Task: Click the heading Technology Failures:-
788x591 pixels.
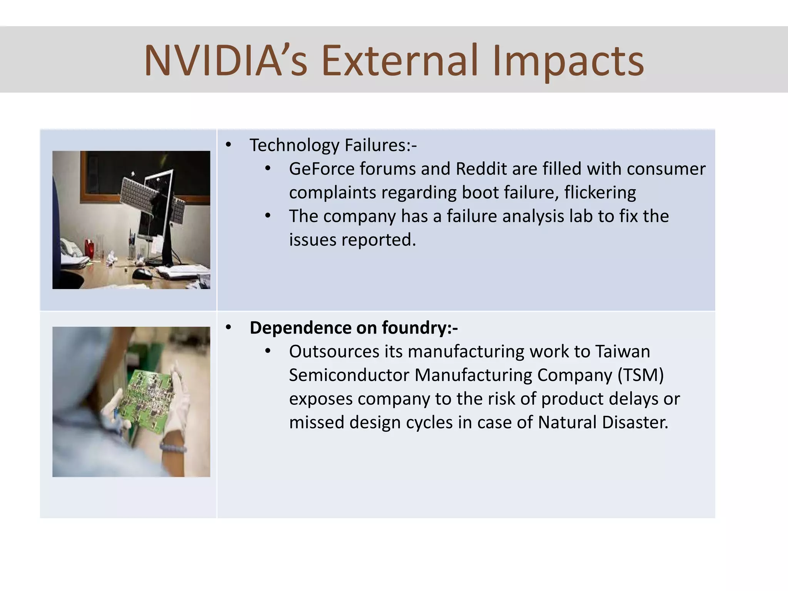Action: click(x=333, y=145)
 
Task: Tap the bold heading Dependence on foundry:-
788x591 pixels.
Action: click(x=354, y=328)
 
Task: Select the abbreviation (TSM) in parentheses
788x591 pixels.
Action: click(x=641, y=375)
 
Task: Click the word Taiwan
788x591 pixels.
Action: click(x=623, y=351)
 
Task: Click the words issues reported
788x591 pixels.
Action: click(x=352, y=240)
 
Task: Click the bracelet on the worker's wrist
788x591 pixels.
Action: click(x=173, y=447)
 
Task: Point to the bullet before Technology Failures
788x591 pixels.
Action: click(x=229, y=145)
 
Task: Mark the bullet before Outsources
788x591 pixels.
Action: click(x=268, y=351)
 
